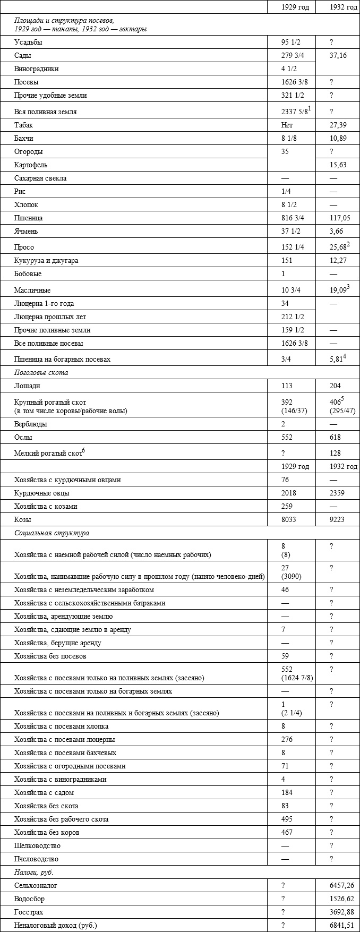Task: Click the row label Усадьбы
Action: [x=28, y=42]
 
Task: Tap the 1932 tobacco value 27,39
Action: [x=338, y=125]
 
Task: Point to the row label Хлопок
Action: [x=27, y=205]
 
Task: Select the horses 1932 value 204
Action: [x=335, y=386]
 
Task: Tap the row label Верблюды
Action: [x=31, y=424]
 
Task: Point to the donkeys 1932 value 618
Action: [x=335, y=438]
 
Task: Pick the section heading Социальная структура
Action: [x=52, y=533]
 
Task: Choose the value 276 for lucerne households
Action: [x=287, y=740]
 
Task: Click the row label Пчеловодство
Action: [x=37, y=859]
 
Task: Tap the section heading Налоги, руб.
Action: [x=34, y=873]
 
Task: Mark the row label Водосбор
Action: [x=30, y=899]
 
